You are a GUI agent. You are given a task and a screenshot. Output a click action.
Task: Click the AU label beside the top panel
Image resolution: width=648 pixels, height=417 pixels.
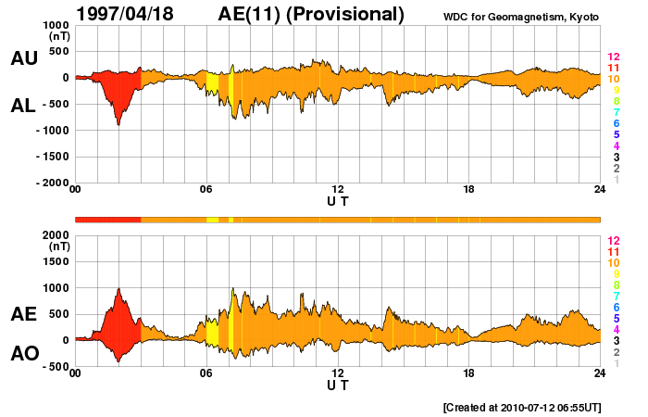pyautogui.click(x=23, y=58)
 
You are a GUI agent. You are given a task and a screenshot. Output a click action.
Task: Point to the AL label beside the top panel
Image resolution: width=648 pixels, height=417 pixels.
pyautogui.click(x=23, y=106)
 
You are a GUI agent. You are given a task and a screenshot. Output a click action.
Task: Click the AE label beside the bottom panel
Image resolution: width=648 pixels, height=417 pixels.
pyautogui.click(x=23, y=315)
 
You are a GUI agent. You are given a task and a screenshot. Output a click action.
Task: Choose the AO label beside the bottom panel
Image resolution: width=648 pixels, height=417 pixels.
pyautogui.click(x=23, y=354)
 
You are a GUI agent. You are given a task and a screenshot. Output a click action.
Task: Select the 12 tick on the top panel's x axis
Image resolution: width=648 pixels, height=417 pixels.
pyautogui.click(x=338, y=190)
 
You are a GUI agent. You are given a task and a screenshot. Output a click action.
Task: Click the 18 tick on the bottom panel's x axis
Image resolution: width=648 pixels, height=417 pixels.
pyautogui.click(x=469, y=373)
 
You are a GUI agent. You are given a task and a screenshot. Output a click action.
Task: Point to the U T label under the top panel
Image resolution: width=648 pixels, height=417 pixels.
pyautogui.click(x=338, y=201)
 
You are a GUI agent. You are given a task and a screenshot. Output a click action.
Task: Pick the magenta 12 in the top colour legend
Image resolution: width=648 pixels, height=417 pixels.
pyautogui.click(x=613, y=57)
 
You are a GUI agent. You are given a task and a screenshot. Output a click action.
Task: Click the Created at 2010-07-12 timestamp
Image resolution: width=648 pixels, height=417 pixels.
pyautogui.click(x=521, y=407)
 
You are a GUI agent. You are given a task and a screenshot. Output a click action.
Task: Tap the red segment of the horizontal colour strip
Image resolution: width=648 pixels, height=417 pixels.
pyautogui.click(x=107, y=219)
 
